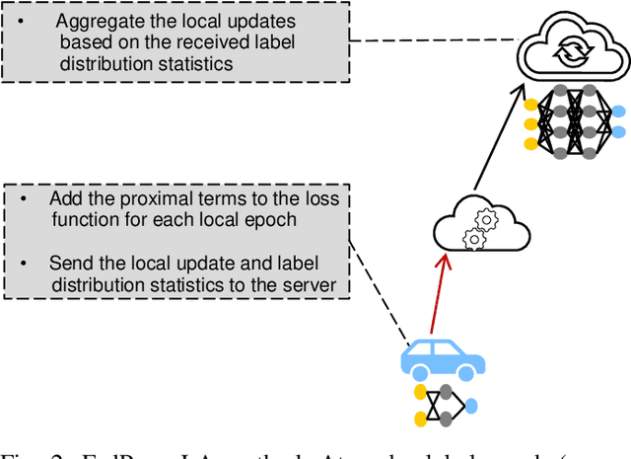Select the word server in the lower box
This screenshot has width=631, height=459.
tap(310, 285)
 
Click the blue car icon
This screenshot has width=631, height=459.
tap(442, 357)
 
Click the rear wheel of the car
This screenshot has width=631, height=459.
tap(420, 373)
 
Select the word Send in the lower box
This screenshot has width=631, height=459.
tap(69, 264)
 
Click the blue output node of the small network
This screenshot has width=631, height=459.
tap(471, 405)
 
